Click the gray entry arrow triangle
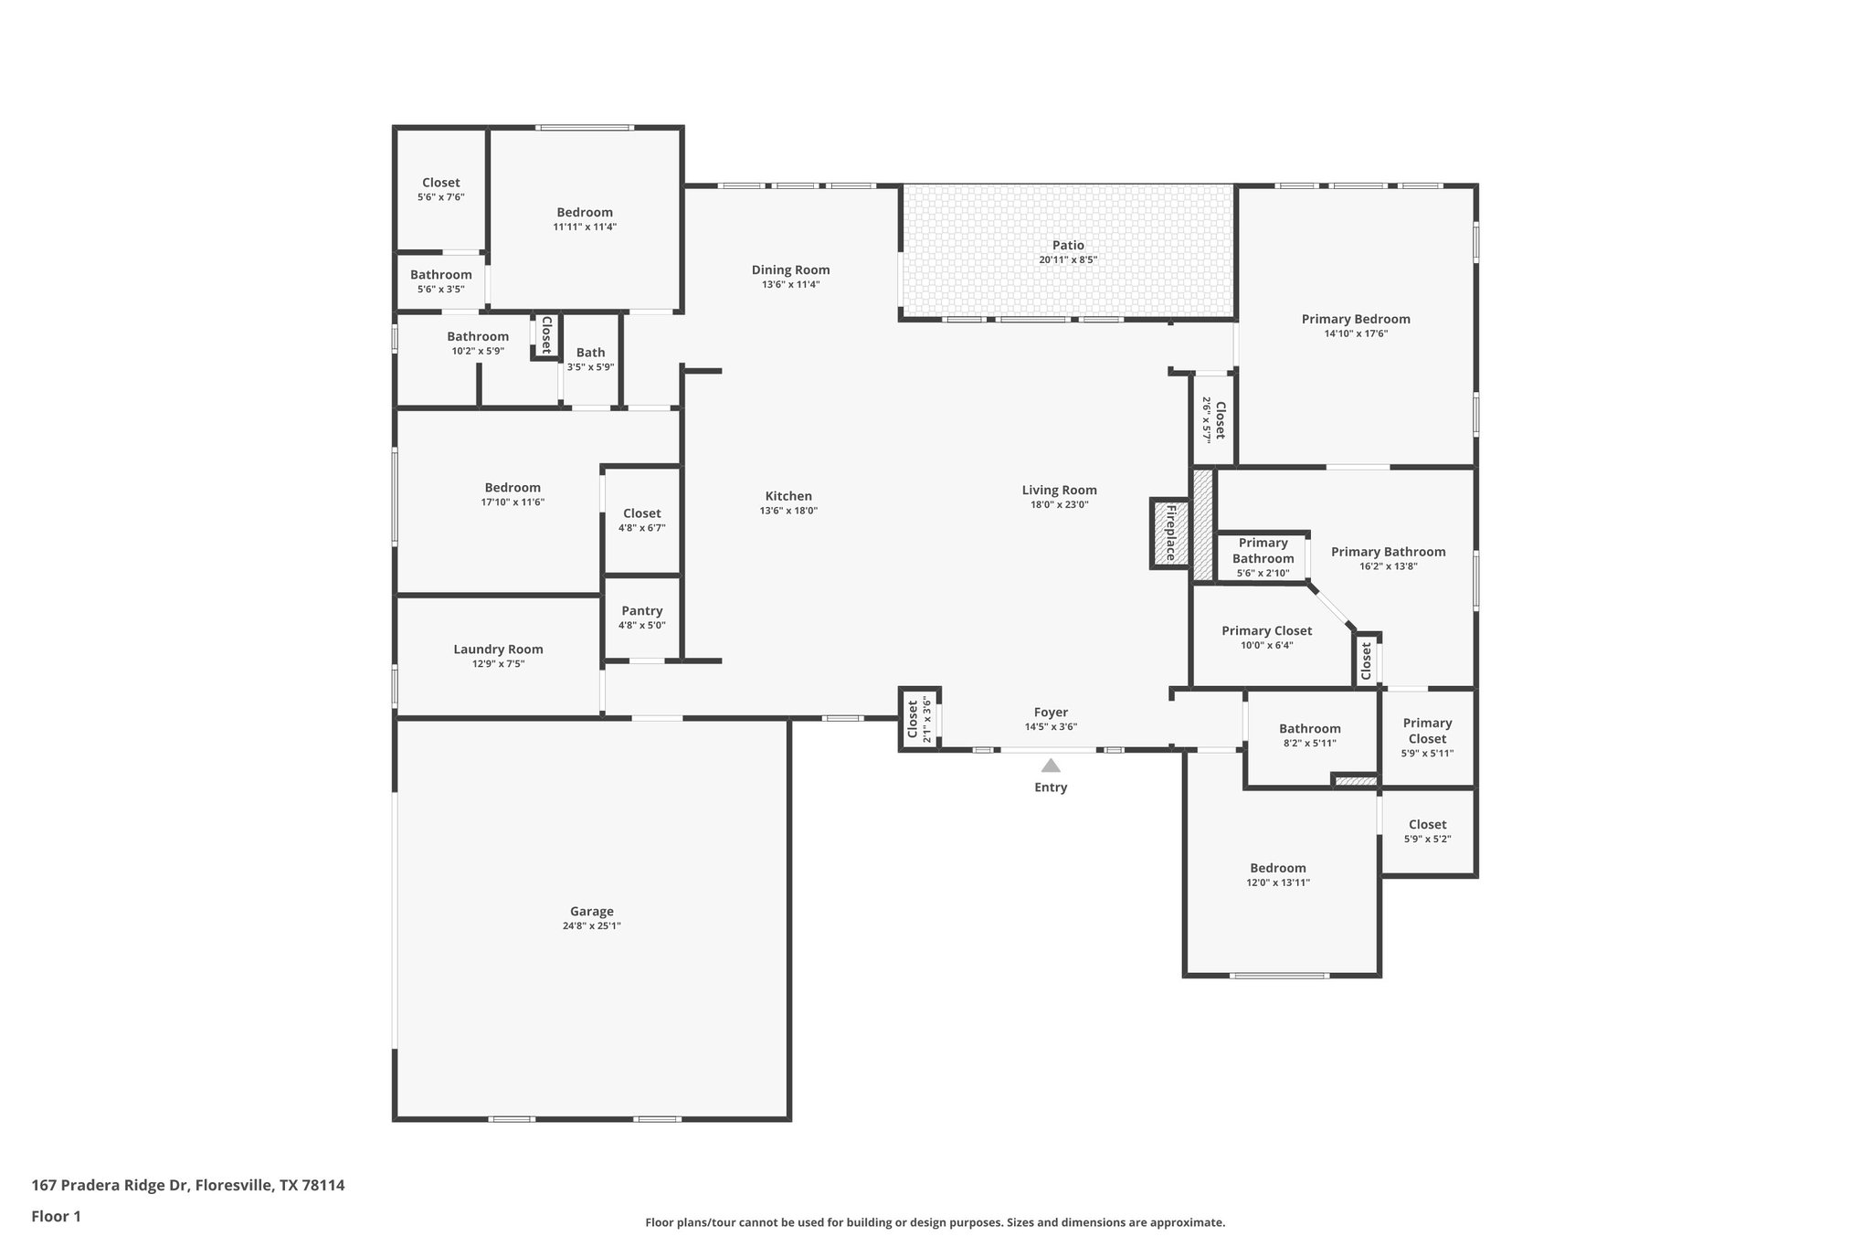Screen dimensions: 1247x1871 pyautogui.click(x=1051, y=766)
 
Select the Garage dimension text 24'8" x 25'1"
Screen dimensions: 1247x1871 pyautogui.click(x=592, y=925)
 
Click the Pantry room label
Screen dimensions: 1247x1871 pyautogui.click(x=641, y=611)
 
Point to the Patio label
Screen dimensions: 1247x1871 pyautogui.click(x=1068, y=245)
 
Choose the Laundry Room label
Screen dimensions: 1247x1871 pyautogui.click(x=498, y=650)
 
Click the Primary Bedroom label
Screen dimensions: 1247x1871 pyautogui.click(x=1356, y=319)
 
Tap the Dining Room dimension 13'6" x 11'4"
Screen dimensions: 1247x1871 pyautogui.click(x=790, y=284)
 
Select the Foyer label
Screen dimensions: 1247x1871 pyautogui.click(x=1051, y=713)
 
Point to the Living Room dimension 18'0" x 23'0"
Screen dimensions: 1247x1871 pyautogui.click(x=1059, y=504)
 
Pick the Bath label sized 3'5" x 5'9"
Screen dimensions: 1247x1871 pyautogui.click(x=590, y=353)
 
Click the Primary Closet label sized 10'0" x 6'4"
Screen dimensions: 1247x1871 pyautogui.click(x=1266, y=630)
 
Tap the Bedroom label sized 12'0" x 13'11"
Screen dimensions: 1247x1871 pyautogui.click(x=1278, y=868)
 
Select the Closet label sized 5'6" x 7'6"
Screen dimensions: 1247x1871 pyautogui.click(x=440, y=183)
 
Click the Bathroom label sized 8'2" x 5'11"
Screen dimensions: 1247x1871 pyautogui.click(x=1309, y=728)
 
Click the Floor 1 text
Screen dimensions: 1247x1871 pyautogui.click(x=56, y=1216)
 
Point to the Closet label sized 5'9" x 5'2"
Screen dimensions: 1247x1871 pyautogui.click(x=1427, y=824)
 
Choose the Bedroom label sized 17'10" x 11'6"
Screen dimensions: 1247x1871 pyautogui.click(x=513, y=488)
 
